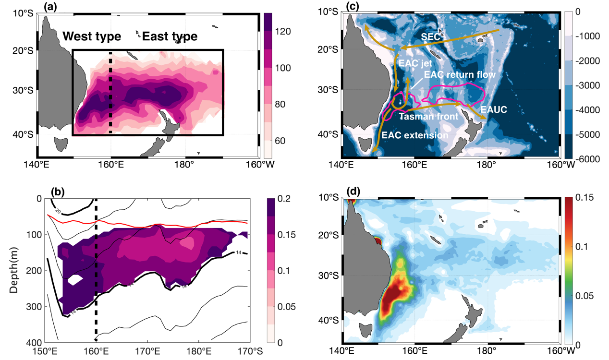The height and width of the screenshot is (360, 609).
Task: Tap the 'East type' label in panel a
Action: click(170, 36)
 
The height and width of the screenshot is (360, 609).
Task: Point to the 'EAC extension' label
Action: click(414, 135)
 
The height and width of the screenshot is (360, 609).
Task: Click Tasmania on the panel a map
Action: click(61, 143)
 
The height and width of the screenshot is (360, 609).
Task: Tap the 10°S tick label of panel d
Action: click(329, 197)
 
